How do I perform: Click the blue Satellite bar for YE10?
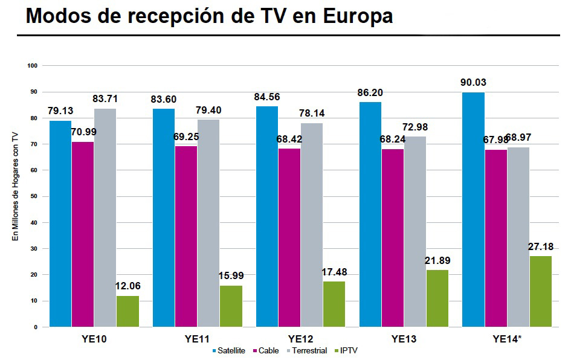(x=60, y=223)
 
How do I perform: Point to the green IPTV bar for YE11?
(x=231, y=306)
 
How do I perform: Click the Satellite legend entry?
(x=229, y=350)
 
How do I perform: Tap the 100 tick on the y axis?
(x=33, y=65)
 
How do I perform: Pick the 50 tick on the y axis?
(x=34, y=196)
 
